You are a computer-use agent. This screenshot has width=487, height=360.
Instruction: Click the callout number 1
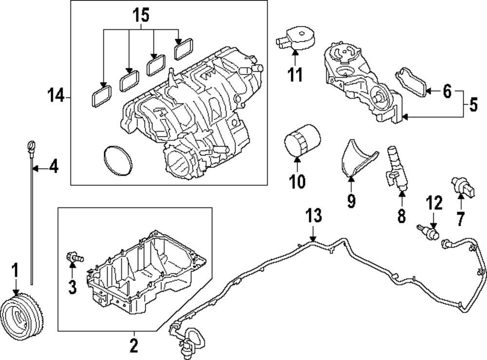pyautogui.click(x=16, y=269)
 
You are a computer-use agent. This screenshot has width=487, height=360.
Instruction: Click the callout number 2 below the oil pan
pyautogui.click(x=133, y=346)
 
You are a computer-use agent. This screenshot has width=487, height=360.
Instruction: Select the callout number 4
pyautogui.click(x=54, y=168)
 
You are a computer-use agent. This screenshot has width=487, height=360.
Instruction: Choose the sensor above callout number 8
pyautogui.click(x=395, y=166)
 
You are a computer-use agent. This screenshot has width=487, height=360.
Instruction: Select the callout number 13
pyautogui.click(x=314, y=216)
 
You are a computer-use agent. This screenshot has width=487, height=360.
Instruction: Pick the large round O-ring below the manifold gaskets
pyautogui.click(x=118, y=160)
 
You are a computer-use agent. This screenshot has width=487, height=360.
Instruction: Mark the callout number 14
pyautogui.click(x=56, y=97)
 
